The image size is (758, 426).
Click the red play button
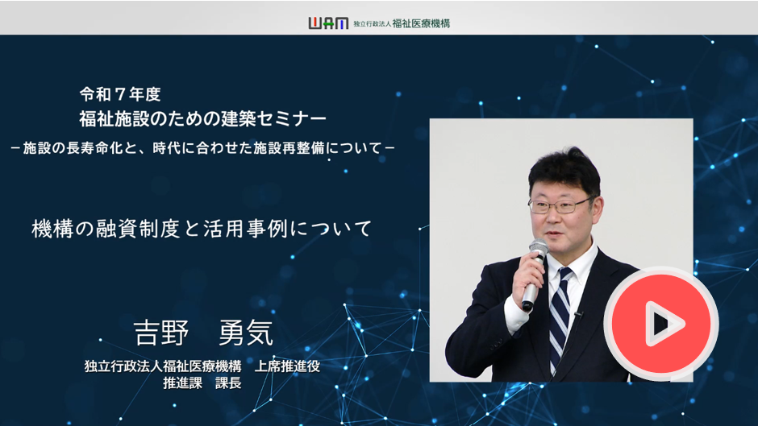pos(661,323)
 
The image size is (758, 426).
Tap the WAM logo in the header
pos(328,23)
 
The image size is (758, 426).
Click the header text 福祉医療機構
pos(421,23)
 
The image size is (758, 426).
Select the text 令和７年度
pos(120,94)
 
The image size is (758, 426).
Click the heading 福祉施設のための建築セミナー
pos(202,119)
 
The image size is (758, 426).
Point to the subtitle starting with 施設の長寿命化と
pos(202,148)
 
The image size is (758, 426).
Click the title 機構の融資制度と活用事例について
pos(202,229)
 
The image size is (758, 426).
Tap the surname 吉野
pos(161,333)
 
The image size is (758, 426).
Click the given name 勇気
pos(246,333)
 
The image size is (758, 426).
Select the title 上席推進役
pos(287,366)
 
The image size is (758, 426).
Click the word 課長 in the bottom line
pos(228,383)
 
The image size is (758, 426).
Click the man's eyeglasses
pos(560,206)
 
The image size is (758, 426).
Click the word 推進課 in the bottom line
pos(182,383)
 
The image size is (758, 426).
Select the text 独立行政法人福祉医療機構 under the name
pos(163,366)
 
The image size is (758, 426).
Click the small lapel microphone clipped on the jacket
pos(578,315)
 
